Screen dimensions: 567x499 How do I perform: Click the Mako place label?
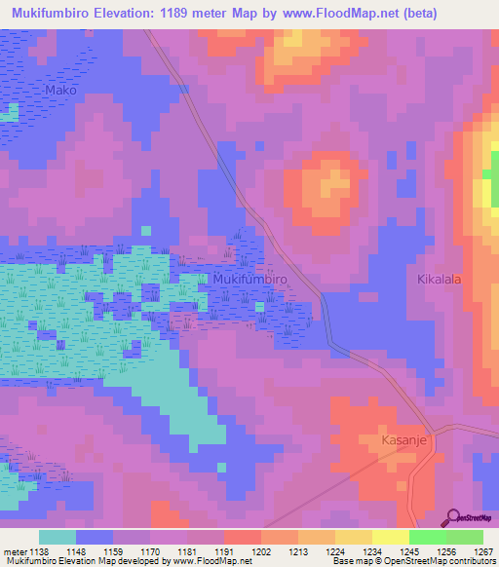coord(60,91)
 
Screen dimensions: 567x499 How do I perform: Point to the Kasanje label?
coord(400,439)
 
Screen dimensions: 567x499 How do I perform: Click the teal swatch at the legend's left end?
coord(58,537)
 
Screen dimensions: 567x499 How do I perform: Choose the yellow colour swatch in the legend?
coord(390,537)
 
